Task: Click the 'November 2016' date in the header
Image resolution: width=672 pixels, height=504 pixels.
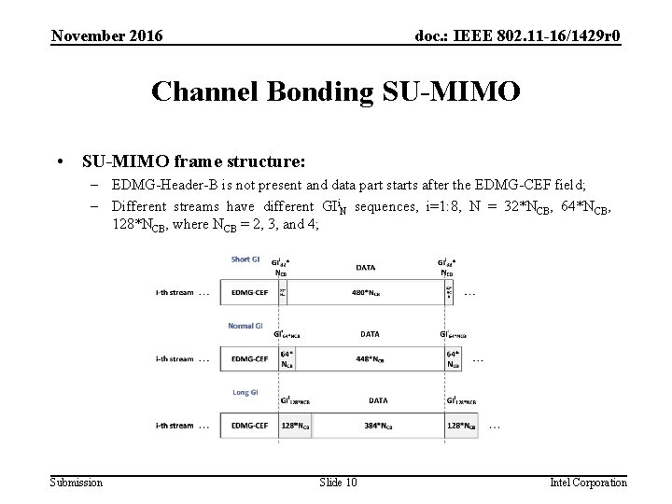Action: click(x=106, y=35)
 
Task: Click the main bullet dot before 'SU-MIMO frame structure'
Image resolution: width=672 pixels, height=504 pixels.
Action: click(x=60, y=161)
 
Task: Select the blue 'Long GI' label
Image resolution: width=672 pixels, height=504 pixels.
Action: click(x=244, y=393)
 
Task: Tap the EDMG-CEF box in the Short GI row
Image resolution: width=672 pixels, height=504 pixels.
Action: click(x=249, y=292)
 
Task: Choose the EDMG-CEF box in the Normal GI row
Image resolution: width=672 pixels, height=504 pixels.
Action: click(x=249, y=359)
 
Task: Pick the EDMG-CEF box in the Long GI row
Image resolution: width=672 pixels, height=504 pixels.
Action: click(x=249, y=426)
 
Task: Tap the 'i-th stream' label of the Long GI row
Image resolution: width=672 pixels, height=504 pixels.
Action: click(x=175, y=426)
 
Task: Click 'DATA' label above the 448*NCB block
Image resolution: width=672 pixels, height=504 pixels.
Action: click(x=369, y=333)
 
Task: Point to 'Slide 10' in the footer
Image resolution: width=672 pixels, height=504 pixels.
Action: click(x=338, y=482)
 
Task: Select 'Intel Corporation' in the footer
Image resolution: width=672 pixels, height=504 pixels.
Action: click(x=588, y=482)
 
